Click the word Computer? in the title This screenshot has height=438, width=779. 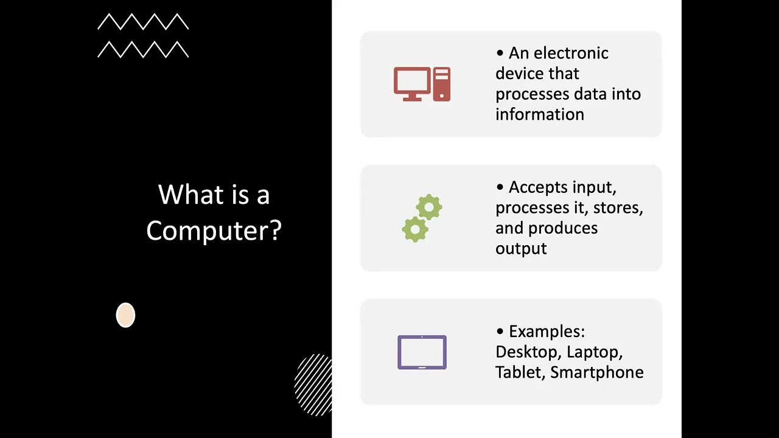point(214,231)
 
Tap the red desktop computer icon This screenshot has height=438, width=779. point(421,84)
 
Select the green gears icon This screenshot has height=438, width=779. point(422,218)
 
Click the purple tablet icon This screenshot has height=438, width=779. point(422,352)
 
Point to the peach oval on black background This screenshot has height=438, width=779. point(125,315)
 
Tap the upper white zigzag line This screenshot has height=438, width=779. point(143,22)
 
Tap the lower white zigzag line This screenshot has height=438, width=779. point(143,49)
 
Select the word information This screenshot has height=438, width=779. point(539,114)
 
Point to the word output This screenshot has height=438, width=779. point(521,248)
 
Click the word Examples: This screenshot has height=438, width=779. point(547,332)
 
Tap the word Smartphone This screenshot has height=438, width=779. point(596,372)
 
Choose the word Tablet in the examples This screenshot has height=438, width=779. point(519,372)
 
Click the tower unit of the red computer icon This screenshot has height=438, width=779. point(442,84)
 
